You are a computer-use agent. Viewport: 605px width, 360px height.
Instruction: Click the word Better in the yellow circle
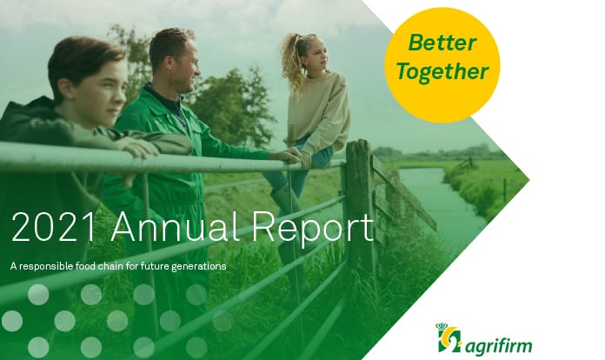coord(441,42)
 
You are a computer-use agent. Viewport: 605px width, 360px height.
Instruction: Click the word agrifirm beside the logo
coord(502,340)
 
